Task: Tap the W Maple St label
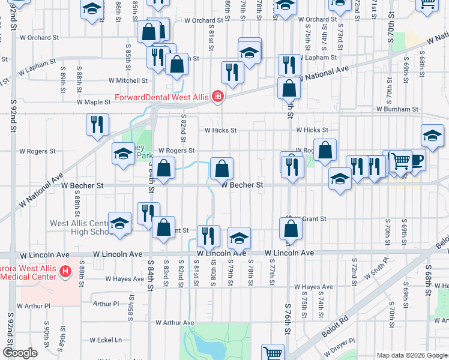pyautogui.click(x=93, y=102)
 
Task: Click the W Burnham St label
pyautogui.click(x=397, y=109)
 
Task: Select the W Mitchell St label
pyautogui.click(x=128, y=80)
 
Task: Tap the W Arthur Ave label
pyautogui.click(x=173, y=323)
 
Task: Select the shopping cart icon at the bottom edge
pyautogui.click(x=273, y=353)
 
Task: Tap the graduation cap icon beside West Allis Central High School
pyautogui.click(x=119, y=223)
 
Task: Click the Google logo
pyautogui.click(x=20, y=353)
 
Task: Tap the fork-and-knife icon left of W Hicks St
pyautogui.click(x=97, y=124)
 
